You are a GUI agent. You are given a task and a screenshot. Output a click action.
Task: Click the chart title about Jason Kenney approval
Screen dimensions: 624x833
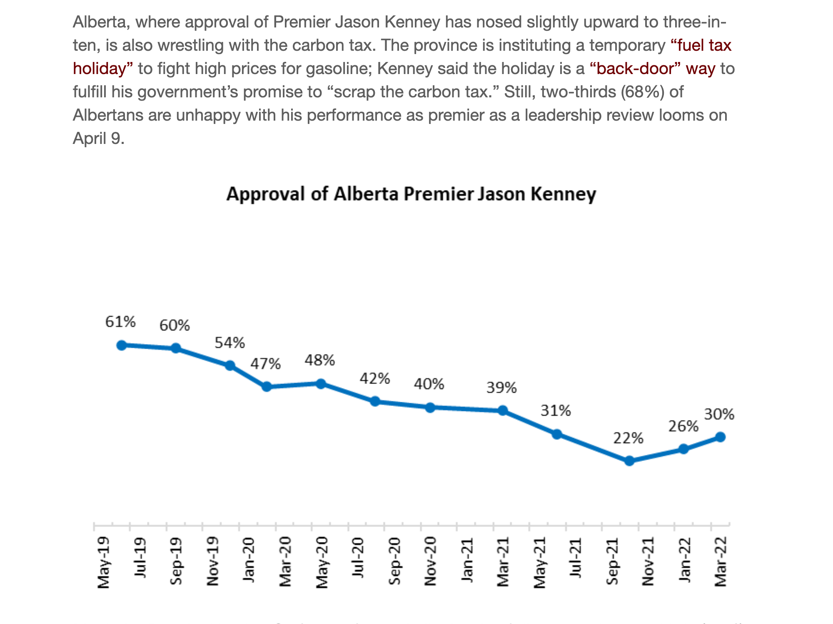point(411,194)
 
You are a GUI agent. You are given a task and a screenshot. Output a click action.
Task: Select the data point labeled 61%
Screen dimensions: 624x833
point(122,345)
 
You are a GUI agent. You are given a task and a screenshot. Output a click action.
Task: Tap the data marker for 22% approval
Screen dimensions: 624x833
point(629,461)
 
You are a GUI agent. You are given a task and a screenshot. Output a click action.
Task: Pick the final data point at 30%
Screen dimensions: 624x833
point(721,437)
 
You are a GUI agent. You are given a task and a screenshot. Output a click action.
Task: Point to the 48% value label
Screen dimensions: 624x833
point(319,360)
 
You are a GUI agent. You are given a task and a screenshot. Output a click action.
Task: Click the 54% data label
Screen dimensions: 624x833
point(229,343)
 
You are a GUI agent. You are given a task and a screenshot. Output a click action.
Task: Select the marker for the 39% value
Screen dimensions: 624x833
point(503,411)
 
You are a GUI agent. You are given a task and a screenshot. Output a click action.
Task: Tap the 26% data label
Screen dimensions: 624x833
point(683,426)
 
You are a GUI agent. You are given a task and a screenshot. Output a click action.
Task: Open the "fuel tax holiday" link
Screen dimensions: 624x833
point(701,45)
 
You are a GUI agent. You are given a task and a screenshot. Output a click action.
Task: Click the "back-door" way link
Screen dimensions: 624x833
point(652,69)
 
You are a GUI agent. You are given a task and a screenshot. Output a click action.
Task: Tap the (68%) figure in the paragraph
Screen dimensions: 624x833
point(643,92)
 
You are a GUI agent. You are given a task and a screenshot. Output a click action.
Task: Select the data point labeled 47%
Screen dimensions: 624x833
point(267,387)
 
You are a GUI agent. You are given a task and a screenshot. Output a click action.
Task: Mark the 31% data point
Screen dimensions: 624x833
point(556,434)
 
